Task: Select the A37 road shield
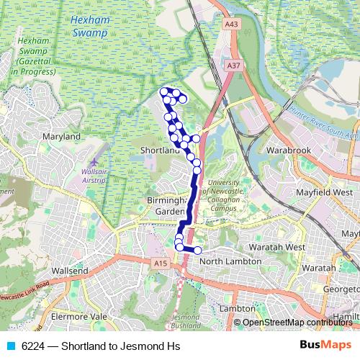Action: click(x=232, y=65)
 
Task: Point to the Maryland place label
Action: click(x=61, y=136)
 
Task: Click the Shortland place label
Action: click(x=160, y=150)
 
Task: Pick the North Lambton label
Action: click(x=230, y=261)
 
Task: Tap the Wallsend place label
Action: click(x=71, y=271)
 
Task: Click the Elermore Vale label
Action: click(x=79, y=316)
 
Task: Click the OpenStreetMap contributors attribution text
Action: click(x=297, y=323)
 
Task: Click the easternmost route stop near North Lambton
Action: click(x=197, y=250)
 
